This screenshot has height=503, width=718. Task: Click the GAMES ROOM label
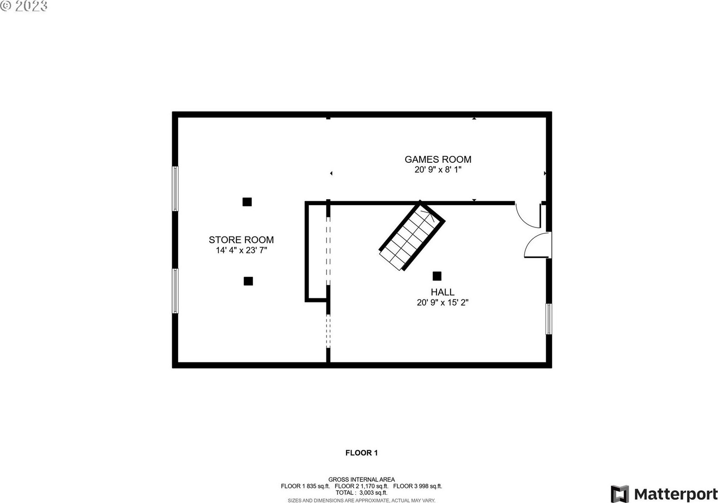(x=438, y=159)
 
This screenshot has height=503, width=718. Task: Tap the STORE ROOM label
(x=241, y=240)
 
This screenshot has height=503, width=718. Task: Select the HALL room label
(x=442, y=292)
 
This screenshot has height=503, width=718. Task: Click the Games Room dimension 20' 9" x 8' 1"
(x=438, y=170)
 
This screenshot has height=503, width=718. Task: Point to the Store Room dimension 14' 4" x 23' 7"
(x=241, y=250)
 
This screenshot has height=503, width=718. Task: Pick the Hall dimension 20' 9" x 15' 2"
(x=442, y=302)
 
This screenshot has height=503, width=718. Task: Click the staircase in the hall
(x=412, y=236)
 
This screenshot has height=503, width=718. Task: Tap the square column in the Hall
(x=437, y=276)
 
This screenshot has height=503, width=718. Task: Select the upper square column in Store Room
(x=247, y=202)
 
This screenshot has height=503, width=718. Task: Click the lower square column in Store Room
(x=248, y=281)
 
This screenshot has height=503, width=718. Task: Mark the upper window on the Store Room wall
(x=175, y=189)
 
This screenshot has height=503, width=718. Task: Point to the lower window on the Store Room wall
(x=175, y=291)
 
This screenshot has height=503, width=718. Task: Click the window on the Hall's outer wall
(x=549, y=319)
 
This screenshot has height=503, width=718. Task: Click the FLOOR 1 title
(x=362, y=453)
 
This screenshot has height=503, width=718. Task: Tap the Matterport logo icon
(x=620, y=494)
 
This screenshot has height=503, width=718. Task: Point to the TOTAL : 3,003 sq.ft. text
(x=362, y=493)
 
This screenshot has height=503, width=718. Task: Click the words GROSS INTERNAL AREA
(x=362, y=480)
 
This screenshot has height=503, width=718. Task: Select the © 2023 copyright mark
(x=24, y=6)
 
